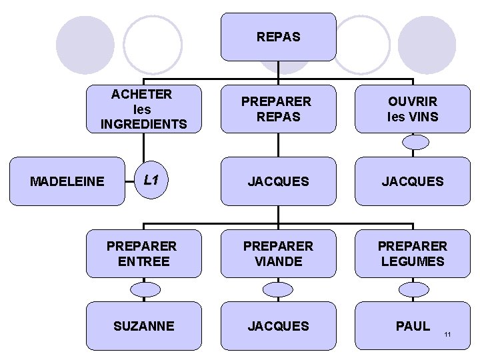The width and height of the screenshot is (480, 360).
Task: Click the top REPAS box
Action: pos(279,37)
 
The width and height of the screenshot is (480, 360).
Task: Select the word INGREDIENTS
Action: pos(143,124)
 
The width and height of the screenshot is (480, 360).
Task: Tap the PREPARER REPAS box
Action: pos(276,109)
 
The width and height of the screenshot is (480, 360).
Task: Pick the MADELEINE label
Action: pos(67,181)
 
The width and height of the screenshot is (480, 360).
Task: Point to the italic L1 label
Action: pos(151,180)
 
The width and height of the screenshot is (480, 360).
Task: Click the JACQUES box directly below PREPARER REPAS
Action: pos(279,181)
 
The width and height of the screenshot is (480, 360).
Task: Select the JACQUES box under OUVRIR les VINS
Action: pos(412,181)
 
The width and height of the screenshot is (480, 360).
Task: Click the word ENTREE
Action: pos(143,261)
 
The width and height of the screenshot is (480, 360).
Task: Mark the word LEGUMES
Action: pos(412,261)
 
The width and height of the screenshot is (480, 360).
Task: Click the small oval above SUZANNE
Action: pos(143,289)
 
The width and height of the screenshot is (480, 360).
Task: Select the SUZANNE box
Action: pos(143,326)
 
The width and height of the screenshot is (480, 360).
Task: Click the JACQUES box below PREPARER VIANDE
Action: pos(279,326)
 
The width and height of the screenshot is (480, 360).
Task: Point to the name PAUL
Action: pos(412,326)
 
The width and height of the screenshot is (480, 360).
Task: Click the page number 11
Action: pos(447,333)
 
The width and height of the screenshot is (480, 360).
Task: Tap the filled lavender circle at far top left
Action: pos(85,45)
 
